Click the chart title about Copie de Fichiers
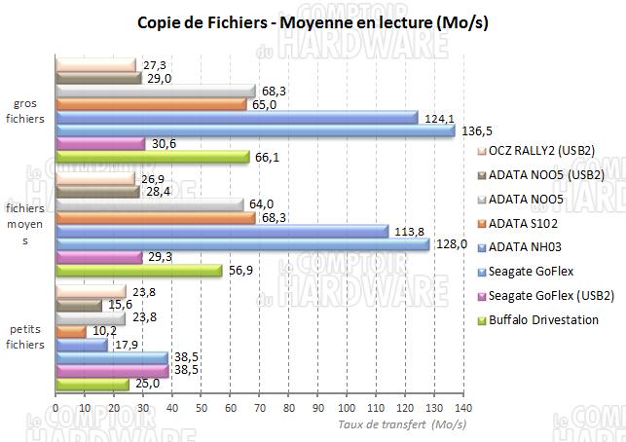[312, 21]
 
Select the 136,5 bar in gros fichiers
[255, 129]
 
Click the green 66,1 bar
[153, 156]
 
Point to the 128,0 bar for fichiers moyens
[242, 244]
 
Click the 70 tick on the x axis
[259, 408]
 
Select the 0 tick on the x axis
[56, 408]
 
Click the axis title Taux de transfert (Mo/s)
[402, 424]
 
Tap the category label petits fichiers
[26, 338]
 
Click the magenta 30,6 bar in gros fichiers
[100, 143]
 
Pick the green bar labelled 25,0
[92, 385]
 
